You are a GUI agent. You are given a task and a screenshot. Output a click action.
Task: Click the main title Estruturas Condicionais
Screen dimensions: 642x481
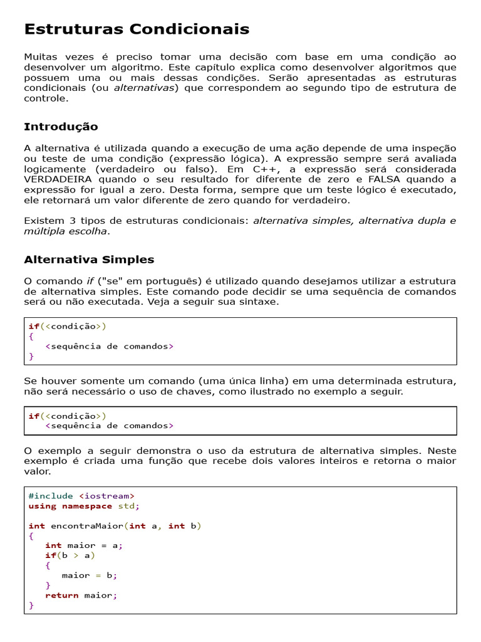[137, 29]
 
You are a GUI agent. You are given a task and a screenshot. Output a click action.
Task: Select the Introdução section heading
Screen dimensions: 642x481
[61, 127]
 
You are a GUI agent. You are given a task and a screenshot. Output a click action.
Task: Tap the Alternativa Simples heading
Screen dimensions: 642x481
[89, 260]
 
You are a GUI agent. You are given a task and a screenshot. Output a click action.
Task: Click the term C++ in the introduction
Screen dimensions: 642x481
[265, 169]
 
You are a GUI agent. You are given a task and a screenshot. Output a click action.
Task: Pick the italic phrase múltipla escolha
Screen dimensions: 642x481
[66, 231]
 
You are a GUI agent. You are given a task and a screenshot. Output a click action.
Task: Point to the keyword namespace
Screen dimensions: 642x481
[86, 506]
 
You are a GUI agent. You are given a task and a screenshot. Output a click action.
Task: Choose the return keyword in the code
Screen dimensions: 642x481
[61, 596]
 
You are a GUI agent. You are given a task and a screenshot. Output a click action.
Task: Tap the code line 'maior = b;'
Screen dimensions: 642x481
[89, 575]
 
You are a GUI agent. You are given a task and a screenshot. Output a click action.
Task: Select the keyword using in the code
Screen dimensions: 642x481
[42, 506]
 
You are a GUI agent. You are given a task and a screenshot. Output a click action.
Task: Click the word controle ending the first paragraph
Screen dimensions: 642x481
[45, 98]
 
